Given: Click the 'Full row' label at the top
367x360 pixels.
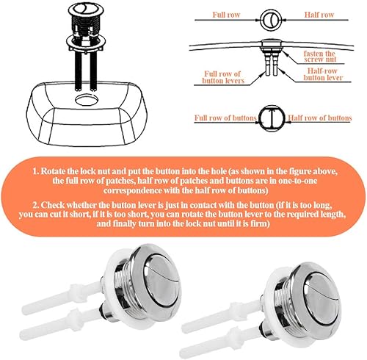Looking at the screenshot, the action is (x=226, y=15).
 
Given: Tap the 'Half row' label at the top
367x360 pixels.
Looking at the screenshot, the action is (x=319, y=15).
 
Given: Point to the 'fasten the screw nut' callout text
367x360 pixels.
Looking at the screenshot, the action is (x=319, y=57).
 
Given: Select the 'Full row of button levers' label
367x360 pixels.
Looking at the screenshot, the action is (x=223, y=77).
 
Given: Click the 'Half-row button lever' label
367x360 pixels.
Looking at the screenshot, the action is (x=323, y=74).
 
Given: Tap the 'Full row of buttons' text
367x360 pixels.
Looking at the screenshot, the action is (x=225, y=118).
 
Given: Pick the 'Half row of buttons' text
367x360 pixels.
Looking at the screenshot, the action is (x=320, y=118).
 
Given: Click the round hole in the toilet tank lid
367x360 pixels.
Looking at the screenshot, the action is (x=87, y=100).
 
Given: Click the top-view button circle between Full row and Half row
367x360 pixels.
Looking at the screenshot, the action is (x=271, y=20).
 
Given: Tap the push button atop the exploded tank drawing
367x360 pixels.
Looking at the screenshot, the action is (x=86, y=10).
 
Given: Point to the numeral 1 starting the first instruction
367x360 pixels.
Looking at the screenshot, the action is (x=35, y=171).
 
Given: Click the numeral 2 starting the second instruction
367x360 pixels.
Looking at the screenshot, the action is (x=35, y=205).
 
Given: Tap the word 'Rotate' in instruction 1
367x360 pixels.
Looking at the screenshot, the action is (x=52, y=171).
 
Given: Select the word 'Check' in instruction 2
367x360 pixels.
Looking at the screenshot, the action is (x=53, y=205).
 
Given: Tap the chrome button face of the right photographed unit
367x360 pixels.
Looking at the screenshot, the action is (x=321, y=296).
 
